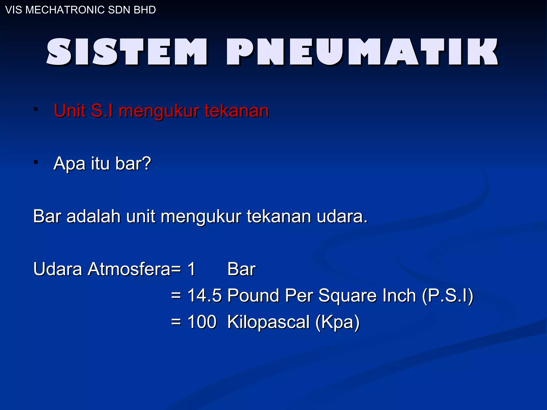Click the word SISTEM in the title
click(x=127, y=52)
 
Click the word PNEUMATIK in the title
click(x=362, y=52)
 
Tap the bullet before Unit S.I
click(x=36, y=109)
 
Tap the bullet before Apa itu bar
click(x=36, y=162)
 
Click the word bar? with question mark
click(x=133, y=163)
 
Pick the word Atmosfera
click(x=129, y=269)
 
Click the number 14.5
click(x=204, y=295)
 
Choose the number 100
click(x=202, y=322)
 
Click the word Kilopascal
click(x=268, y=322)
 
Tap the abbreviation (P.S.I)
click(x=447, y=296)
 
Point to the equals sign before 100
click(x=176, y=322)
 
